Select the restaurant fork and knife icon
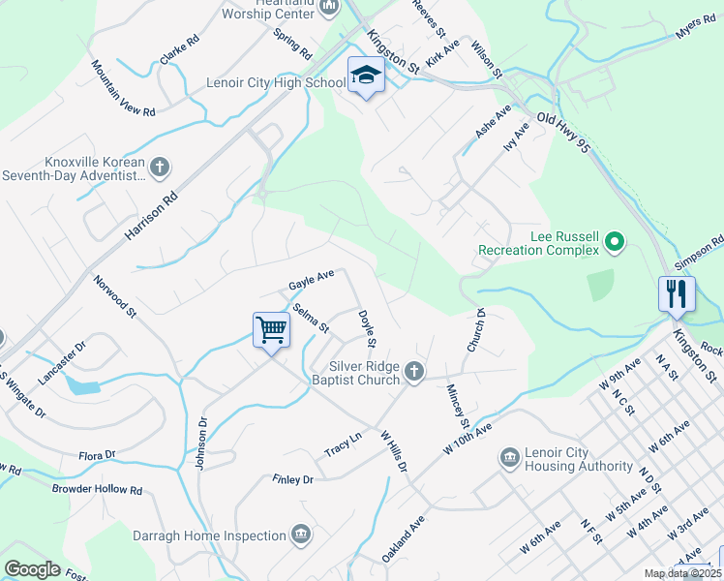click(x=677, y=292)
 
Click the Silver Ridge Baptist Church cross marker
click(x=413, y=372)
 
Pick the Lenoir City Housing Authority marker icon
click(x=509, y=457)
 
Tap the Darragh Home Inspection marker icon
click(x=301, y=535)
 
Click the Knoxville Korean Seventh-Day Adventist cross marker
click(x=160, y=168)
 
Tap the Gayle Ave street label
click(x=311, y=281)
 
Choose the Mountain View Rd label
click(x=123, y=88)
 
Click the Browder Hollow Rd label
click(x=97, y=490)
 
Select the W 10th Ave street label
click(x=468, y=426)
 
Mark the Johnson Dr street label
click(x=202, y=443)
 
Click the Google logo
click(x=32, y=569)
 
